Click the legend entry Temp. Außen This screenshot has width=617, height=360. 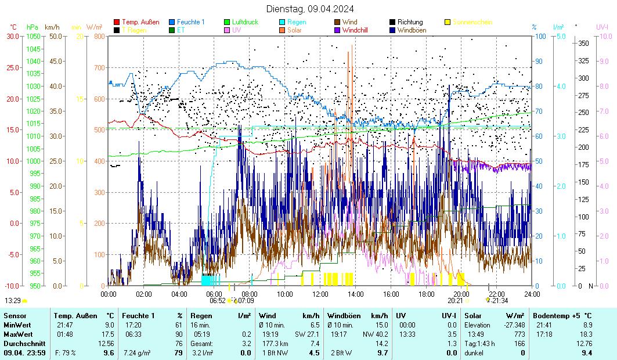click(x=140, y=22)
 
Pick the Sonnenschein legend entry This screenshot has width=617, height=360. click(x=472, y=22)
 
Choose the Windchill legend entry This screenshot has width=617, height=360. click(x=358, y=30)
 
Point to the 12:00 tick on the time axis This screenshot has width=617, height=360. click(x=320, y=294)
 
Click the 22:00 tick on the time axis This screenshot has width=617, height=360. click(x=496, y=294)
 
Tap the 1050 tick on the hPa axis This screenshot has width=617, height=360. click(x=33, y=36)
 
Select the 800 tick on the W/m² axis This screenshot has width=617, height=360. click(x=99, y=36)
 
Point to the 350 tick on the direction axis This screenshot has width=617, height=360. click(x=583, y=44)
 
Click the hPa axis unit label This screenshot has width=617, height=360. click(x=33, y=27)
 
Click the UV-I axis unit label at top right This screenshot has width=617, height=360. click(x=602, y=27)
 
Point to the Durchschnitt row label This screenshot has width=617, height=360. click(x=22, y=343)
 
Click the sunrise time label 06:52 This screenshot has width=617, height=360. click(x=217, y=300)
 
